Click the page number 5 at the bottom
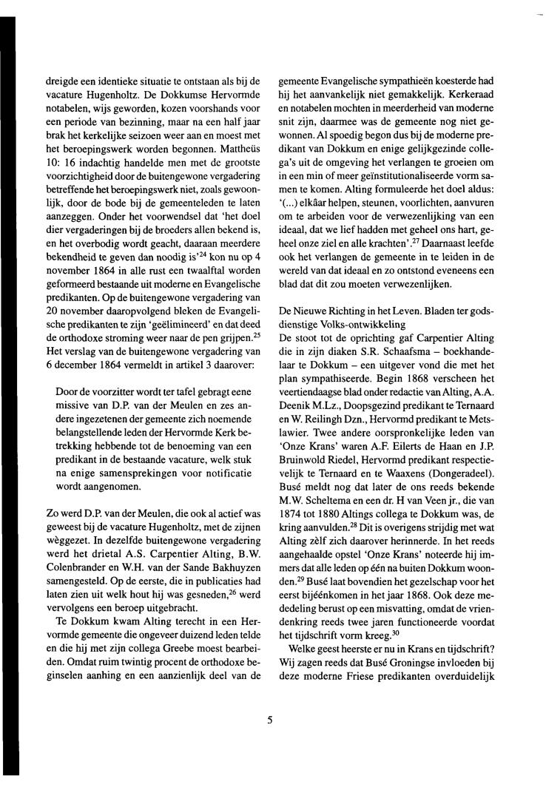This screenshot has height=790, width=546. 271,716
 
